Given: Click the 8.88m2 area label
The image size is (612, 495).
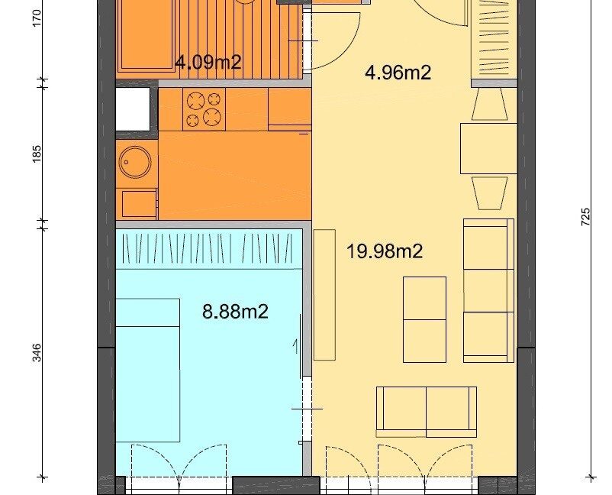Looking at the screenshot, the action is pos(235,312).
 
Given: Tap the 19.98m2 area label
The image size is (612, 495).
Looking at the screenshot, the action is pos(385,251).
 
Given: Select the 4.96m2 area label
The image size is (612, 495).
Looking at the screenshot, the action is pos(398,73).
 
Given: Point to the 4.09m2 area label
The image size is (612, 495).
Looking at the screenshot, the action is pos(208,62).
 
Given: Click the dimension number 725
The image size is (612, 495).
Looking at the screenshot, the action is pos(585,216).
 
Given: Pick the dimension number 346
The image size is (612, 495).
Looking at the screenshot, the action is pos(37,352).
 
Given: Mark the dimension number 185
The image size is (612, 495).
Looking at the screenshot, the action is pos(37,154).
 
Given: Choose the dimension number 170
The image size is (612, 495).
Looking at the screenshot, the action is pos(37,18).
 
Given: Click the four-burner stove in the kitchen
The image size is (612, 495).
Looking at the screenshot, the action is pos(205,109).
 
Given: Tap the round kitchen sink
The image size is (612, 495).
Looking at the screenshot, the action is pos(135,162).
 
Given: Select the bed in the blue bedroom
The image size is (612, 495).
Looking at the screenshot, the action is pos(148,370).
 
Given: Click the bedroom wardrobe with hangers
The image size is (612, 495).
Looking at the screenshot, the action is pos(209,249).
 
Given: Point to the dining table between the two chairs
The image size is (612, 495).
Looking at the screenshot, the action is pos(488,148).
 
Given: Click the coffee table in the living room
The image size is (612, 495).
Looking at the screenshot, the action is pos(424,319).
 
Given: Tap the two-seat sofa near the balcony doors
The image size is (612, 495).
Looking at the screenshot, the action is pos(427,412).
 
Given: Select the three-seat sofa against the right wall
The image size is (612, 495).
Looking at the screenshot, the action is pos(488,291).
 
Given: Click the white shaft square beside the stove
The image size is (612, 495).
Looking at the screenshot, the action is pos(133,109).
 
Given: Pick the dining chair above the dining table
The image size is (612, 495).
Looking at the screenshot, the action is pos(490,104).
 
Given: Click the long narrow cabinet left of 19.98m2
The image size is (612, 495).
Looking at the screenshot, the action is pos(325,295).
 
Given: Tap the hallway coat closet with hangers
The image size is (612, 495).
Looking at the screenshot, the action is pos(494,39).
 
